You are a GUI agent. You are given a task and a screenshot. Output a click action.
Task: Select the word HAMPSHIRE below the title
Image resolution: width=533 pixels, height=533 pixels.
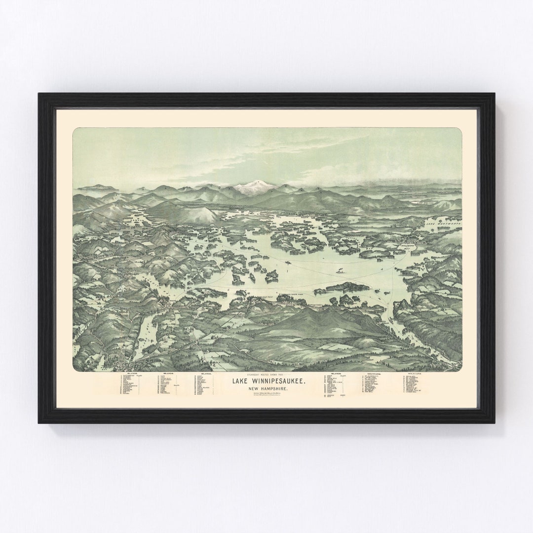point(272,390)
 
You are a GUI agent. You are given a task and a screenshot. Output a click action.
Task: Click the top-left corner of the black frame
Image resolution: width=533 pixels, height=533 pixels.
point(39,94)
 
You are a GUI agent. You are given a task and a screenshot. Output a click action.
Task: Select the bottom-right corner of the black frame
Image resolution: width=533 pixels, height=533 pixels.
point(495,422)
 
